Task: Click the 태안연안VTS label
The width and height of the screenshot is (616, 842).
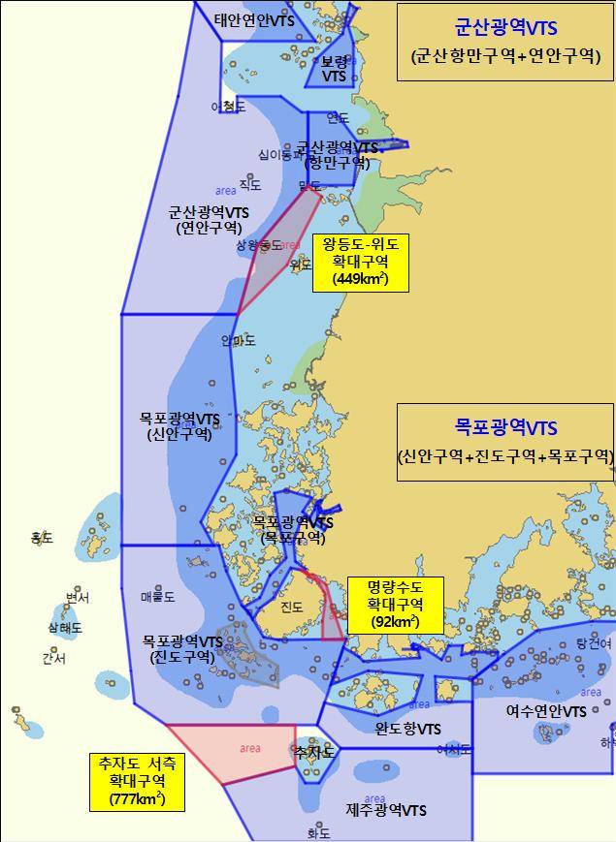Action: (x=255, y=19)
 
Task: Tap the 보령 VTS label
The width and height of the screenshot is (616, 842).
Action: (x=334, y=68)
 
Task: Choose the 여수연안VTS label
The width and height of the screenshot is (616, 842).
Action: (x=545, y=711)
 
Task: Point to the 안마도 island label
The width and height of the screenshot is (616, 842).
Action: (x=238, y=341)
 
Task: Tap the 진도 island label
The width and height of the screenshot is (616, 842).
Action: (x=291, y=608)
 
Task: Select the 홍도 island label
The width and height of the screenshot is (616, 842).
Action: (x=42, y=537)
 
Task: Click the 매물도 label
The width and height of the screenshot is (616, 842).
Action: (x=157, y=597)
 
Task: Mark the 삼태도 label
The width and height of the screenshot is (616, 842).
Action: (x=65, y=628)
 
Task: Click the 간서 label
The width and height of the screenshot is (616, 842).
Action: (x=53, y=659)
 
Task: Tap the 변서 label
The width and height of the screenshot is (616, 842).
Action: (x=78, y=598)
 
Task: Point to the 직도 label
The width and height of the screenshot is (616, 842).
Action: (x=250, y=184)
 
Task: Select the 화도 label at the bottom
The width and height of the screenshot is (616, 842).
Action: (x=318, y=832)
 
